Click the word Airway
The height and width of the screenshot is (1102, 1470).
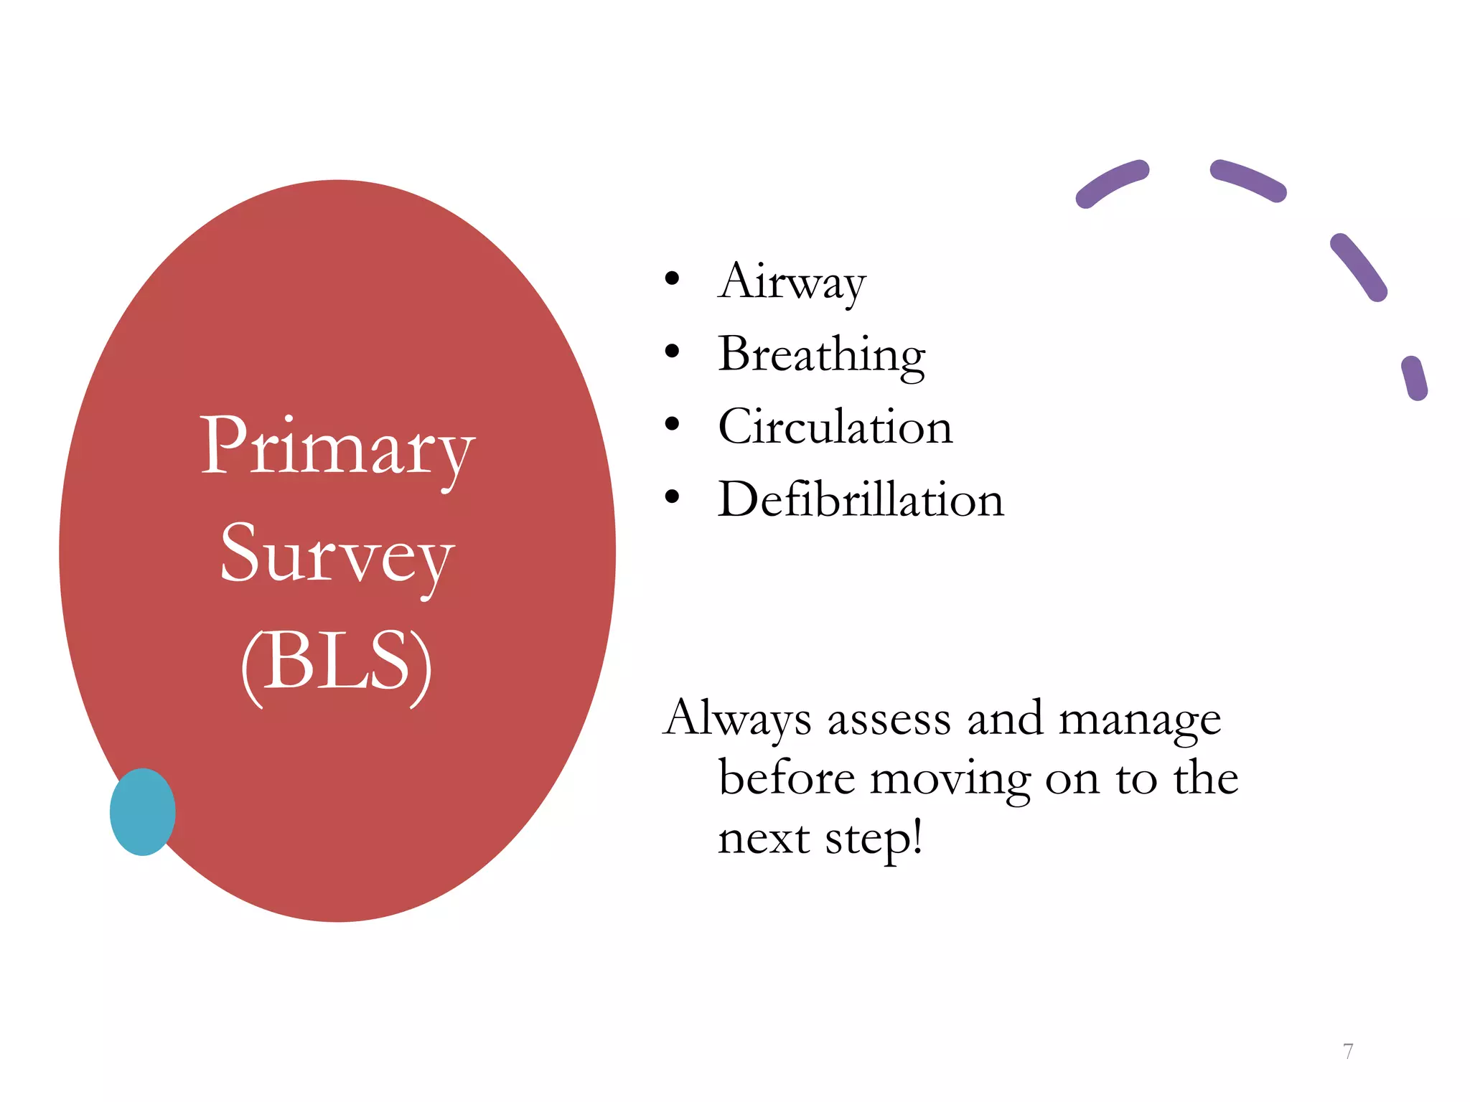792,281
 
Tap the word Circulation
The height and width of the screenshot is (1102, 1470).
835,427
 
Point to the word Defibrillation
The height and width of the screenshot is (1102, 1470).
861,499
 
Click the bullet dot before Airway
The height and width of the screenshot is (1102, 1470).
672,278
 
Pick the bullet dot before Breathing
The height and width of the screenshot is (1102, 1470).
672,352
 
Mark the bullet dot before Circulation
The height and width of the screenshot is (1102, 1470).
672,424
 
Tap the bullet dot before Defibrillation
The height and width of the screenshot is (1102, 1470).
672,496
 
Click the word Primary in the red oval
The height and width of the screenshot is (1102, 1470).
337,448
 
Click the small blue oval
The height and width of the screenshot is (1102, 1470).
143,812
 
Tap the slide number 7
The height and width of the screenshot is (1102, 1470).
1348,1051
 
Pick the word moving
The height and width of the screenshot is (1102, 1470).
950,779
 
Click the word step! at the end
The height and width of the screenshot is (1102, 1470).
874,839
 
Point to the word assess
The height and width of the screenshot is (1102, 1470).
890,719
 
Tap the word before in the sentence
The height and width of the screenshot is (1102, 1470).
787,778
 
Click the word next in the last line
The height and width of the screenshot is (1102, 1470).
763,839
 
